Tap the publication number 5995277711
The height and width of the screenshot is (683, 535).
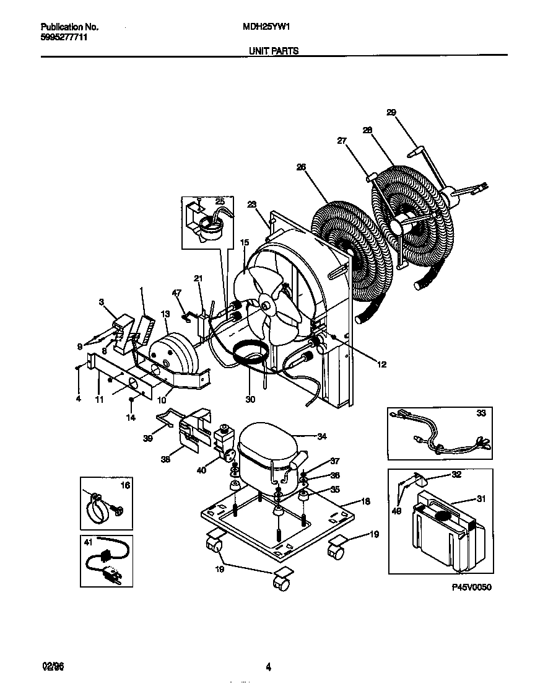tap(63, 38)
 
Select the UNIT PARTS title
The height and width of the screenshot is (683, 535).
tap(273, 51)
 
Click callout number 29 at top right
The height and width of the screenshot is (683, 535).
tap(391, 112)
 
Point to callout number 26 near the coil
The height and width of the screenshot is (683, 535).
tap(301, 166)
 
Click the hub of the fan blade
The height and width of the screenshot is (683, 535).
tap(265, 305)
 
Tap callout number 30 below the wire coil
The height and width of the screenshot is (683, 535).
tap(250, 400)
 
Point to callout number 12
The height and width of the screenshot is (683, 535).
tap(381, 364)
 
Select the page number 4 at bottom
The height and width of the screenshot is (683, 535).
tap(268, 667)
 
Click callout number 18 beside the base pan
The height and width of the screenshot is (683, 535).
tap(365, 501)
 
